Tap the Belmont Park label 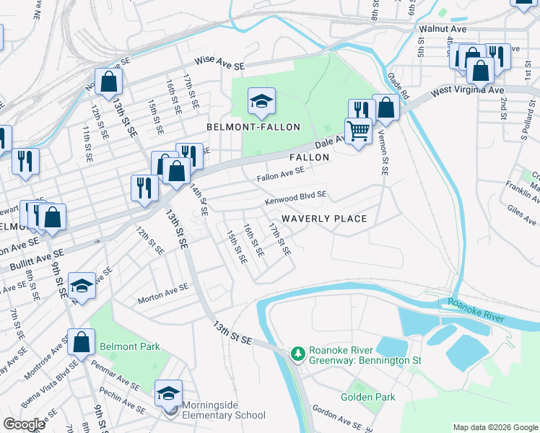(x=130, y=346)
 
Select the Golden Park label (x=368, y=397)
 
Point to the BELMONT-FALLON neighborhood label (x=253, y=127)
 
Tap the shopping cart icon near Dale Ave (x=357, y=131)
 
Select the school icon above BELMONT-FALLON (x=261, y=100)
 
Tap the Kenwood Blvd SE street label (x=296, y=196)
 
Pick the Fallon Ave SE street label (x=281, y=174)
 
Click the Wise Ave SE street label (x=218, y=65)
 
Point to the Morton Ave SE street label (x=163, y=292)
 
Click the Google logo (x=24, y=424)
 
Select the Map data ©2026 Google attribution (x=495, y=427)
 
